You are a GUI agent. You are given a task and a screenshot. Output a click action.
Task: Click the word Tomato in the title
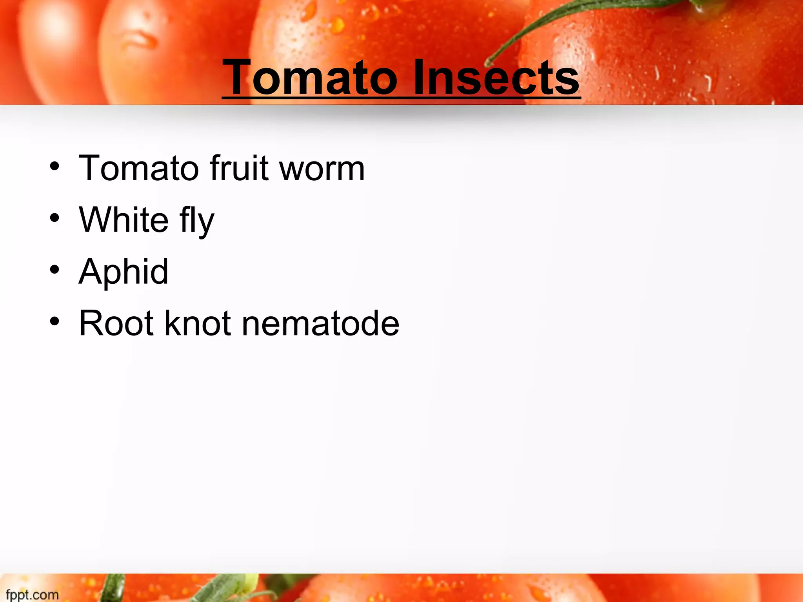click(310, 77)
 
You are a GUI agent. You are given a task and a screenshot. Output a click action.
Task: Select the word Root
click(116, 323)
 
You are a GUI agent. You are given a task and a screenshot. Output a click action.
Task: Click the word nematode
click(320, 323)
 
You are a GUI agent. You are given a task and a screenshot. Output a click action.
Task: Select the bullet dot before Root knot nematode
click(55, 321)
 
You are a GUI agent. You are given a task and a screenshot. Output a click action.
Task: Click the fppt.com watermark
click(32, 595)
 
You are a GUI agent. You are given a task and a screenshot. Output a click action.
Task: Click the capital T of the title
click(238, 77)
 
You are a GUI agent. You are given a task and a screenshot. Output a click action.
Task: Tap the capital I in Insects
click(418, 77)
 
